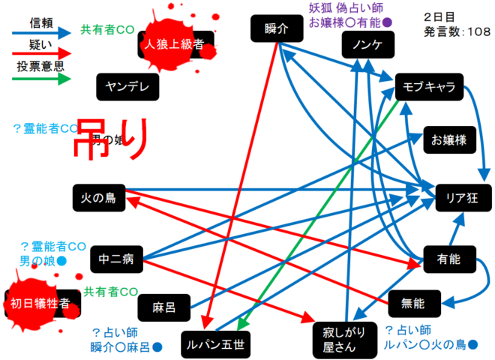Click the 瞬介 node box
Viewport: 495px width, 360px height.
(277, 29)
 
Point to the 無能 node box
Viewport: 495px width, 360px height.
(413, 303)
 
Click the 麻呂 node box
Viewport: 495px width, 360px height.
(163, 307)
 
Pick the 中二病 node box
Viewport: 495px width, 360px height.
(115, 260)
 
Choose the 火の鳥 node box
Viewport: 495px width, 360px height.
(99, 198)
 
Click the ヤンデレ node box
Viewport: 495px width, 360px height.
(127, 86)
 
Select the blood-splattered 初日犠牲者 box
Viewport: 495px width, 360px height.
(40, 303)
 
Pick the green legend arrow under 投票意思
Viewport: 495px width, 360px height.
(41, 80)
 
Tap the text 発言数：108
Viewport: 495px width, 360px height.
(457, 31)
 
